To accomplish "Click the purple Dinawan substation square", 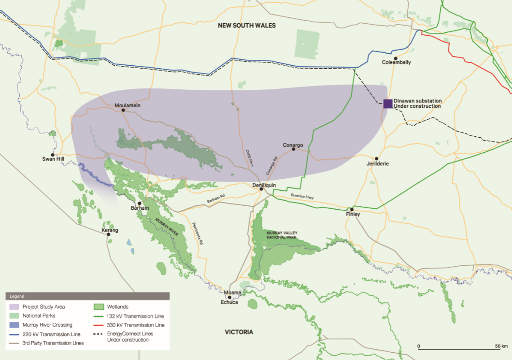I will [388, 103].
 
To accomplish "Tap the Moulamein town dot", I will [123, 110].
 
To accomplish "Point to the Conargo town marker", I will [293, 150].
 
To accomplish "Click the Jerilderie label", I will [378, 164].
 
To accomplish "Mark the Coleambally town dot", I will [395, 58].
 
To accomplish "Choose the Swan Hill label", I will [53, 158].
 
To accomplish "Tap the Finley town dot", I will [352, 209].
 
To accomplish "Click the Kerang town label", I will [109, 230].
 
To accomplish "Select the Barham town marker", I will [139, 203].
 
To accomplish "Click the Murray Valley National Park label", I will [282, 235].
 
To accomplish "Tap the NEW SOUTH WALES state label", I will [246, 25].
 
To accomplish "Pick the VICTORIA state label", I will [239, 332].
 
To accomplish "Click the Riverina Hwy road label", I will [302, 195].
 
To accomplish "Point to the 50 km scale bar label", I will [500, 346].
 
